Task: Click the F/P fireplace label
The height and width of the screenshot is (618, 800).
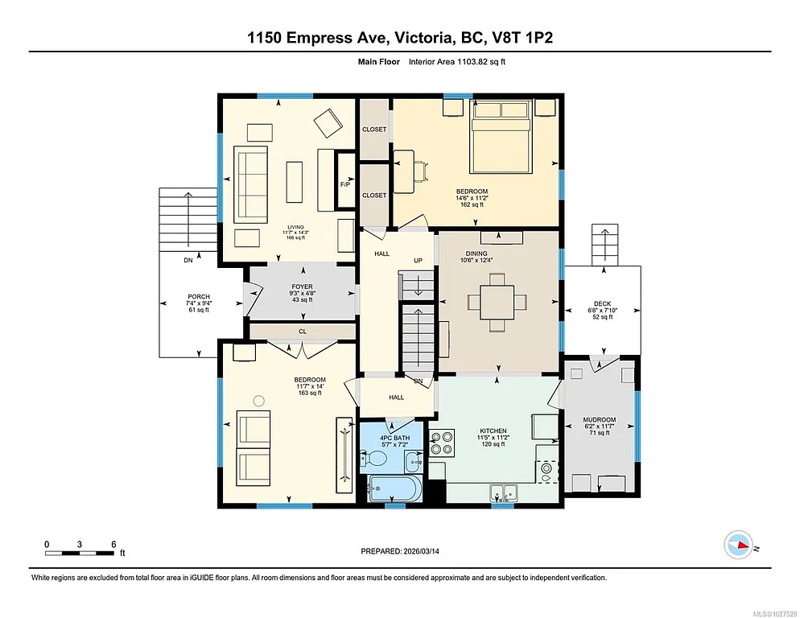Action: [345, 183]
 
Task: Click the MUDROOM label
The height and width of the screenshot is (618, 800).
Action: [600, 419]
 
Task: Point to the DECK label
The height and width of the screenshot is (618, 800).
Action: [603, 304]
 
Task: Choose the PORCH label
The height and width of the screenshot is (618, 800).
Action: [199, 297]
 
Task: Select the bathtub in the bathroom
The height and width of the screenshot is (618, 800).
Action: [394, 488]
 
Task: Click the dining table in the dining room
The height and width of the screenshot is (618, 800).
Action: [497, 302]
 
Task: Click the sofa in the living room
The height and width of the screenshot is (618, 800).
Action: [250, 184]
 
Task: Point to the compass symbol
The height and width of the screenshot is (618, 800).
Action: [738, 546]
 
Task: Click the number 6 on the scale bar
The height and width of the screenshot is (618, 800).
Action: [113, 543]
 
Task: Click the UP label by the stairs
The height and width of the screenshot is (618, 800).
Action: [418, 262]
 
